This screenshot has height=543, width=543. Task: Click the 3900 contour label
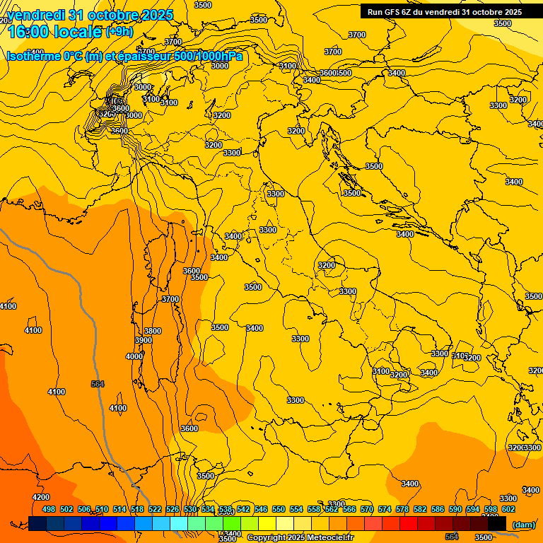[x=143, y=340]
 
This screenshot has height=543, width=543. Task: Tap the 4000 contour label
[x=134, y=356]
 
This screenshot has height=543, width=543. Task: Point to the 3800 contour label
[x=153, y=331]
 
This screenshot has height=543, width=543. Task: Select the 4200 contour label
[x=41, y=497]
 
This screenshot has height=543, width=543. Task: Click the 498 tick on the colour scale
[x=49, y=509]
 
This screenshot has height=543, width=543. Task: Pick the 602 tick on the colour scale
[x=508, y=509]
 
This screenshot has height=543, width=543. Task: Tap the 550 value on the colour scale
[x=279, y=509]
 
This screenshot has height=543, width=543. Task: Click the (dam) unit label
[x=523, y=525]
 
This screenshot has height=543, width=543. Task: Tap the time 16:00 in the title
[x=32, y=33]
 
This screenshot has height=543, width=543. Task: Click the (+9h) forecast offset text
[x=119, y=32]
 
